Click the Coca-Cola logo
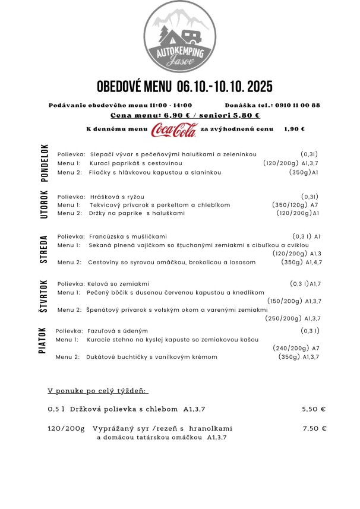[x=173, y=129]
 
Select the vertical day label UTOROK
[x=44, y=204]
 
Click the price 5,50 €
[x=314, y=409]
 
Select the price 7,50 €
[x=315, y=428]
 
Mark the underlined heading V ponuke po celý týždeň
[x=97, y=391]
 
